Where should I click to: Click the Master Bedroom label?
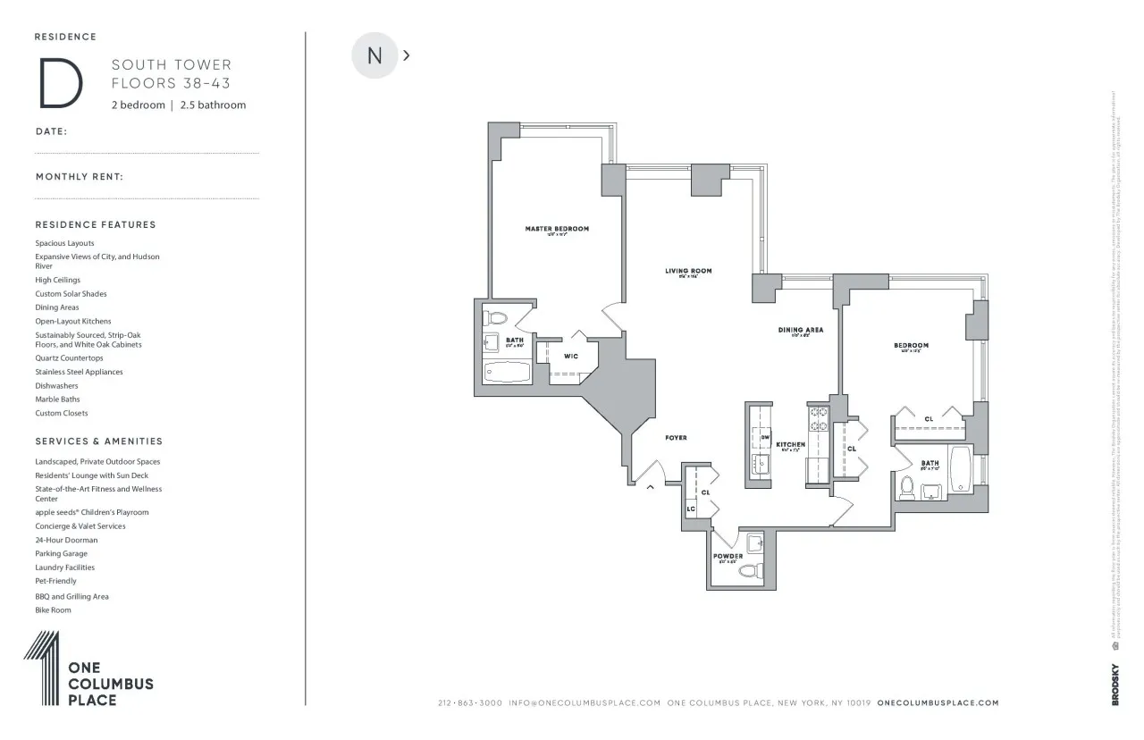[x=557, y=229]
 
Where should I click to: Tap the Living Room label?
[x=688, y=271]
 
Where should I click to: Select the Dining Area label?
[x=800, y=330]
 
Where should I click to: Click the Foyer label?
[x=676, y=438]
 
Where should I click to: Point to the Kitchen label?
[x=790, y=444]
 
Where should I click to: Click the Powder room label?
[x=728, y=556]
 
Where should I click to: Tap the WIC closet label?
[x=570, y=357]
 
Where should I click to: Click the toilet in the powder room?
[x=753, y=570]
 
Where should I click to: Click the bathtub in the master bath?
[x=507, y=373]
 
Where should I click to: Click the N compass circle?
[x=374, y=55]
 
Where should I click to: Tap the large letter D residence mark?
[x=60, y=83]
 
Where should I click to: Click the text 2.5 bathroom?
[x=213, y=105]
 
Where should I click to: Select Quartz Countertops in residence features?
[x=69, y=358]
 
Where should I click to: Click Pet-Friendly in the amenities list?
[x=55, y=581]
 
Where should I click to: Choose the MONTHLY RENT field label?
[x=79, y=177]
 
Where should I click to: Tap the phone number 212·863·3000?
[x=470, y=703]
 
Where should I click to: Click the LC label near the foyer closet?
[x=691, y=509]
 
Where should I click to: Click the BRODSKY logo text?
[x=1115, y=685]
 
